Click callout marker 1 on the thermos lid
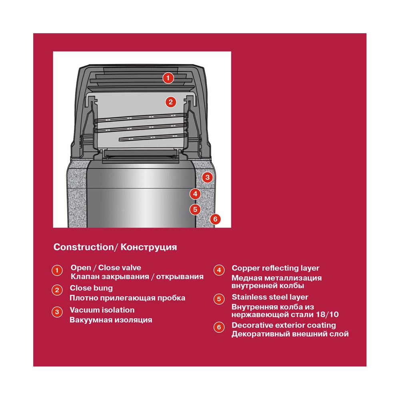pyautogui.click(x=168, y=78)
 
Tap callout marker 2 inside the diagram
pyautogui.click(x=171, y=102)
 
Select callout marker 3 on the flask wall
pyautogui.click(x=207, y=177)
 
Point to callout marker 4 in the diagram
pyautogui.click(x=195, y=194)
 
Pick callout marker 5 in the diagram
pyautogui.click(x=195, y=210)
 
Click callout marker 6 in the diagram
pyautogui.click(x=215, y=219)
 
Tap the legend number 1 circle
pyautogui.click(x=57, y=270)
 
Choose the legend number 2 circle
pyautogui.click(x=57, y=290)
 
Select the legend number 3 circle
pyautogui.click(x=57, y=312)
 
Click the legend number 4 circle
pyautogui.click(x=219, y=270)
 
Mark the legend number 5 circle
pyautogui.click(x=219, y=299)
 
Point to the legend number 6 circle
pyautogui.click(x=219, y=327)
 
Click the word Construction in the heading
pyautogui.click(x=84, y=247)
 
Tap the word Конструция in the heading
pyautogui.click(x=149, y=247)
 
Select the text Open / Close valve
pyautogui.click(x=106, y=268)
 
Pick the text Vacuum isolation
pyautogui.click(x=102, y=310)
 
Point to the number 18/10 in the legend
pyautogui.click(x=327, y=314)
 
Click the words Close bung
pyautogui.click(x=91, y=288)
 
